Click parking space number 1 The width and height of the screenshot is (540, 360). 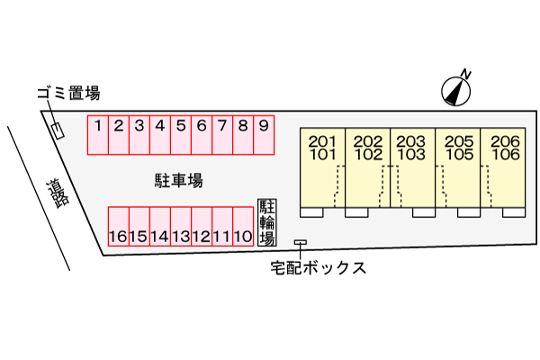[x=98, y=135]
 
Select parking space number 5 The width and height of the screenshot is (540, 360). [x=181, y=135]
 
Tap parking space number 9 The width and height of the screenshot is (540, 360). [x=264, y=135]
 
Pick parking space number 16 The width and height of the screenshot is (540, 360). [x=119, y=226]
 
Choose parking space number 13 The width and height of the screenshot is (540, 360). [x=181, y=226]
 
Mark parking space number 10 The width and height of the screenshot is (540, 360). [x=243, y=226]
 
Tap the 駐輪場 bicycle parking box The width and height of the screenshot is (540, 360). [x=267, y=222]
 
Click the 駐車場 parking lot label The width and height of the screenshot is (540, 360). [x=178, y=181]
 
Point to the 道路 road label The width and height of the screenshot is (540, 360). [x=58, y=193]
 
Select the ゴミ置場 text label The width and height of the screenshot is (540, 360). [x=69, y=94]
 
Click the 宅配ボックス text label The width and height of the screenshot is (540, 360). [x=318, y=267]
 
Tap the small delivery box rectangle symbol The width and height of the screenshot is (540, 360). [x=301, y=242]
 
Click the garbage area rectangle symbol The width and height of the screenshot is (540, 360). [x=58, y=131]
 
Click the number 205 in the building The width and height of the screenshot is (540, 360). [x=459, y=141]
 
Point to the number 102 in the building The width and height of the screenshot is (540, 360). [x=368, y=155]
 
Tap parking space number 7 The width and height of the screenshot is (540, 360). [x=222, y=135]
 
